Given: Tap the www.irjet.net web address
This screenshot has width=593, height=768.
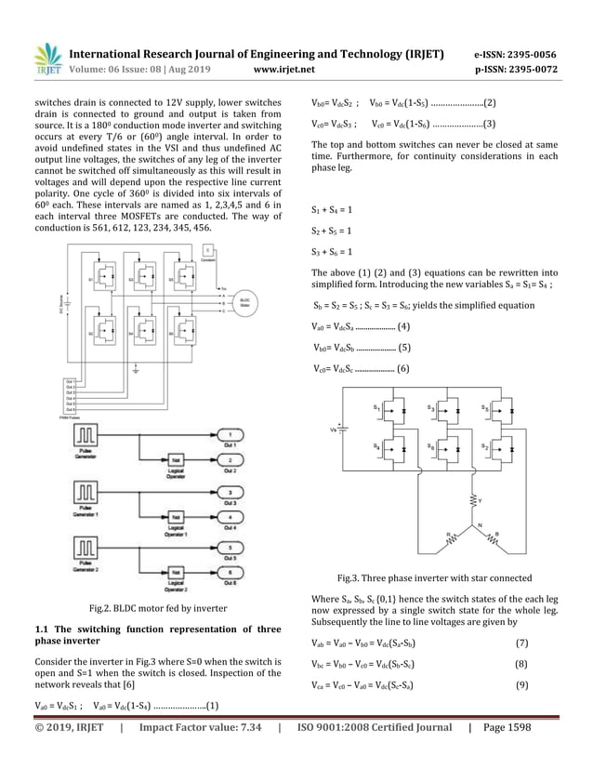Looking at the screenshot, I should pyautogui.click(x=284, y=70).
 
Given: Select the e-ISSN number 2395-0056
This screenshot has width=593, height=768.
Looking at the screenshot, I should pyautogui.click(x=529, y=54).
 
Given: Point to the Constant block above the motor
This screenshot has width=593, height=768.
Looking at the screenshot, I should pyautogui.click(x=208, y=251).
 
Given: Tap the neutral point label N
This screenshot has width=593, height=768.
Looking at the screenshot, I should pyautogui.click(x=480, y=526).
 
